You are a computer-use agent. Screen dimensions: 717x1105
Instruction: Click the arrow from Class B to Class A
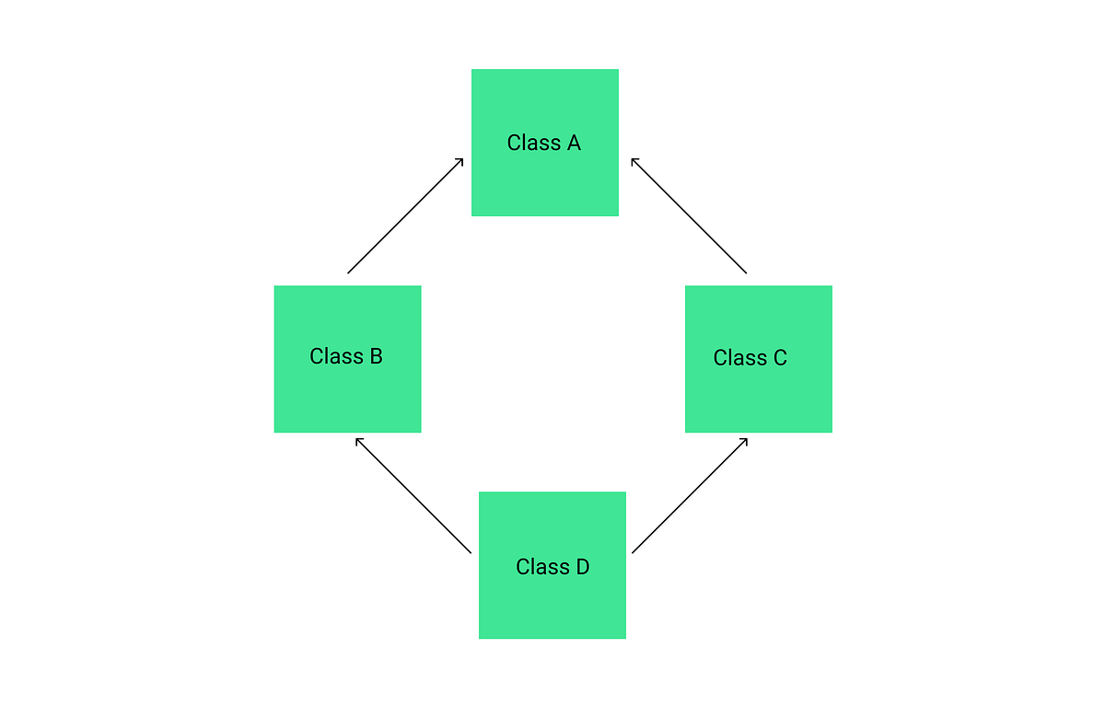click(405, 216)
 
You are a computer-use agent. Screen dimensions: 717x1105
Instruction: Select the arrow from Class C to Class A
click(689, 216)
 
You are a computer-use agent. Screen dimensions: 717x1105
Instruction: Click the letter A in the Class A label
click(574, 144)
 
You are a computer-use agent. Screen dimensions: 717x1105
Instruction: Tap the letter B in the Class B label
click(376, 356)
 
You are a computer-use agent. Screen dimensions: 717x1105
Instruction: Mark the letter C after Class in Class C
click(779, 358)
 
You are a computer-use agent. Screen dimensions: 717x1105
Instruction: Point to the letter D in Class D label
click(582, 567)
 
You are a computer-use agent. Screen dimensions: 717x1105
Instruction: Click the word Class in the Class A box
click(534, 144)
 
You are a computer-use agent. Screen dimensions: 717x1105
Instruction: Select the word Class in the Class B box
click(336, 356)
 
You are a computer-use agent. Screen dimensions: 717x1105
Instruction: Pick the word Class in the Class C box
click(739, 358)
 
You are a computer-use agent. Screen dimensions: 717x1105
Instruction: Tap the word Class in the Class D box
click(542, 567)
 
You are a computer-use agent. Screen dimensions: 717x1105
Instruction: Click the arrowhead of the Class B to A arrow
click(460, 161)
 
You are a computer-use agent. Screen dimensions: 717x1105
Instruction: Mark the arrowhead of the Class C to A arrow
click(634, 161)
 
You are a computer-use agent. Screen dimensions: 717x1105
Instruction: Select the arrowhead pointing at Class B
click(358, 440)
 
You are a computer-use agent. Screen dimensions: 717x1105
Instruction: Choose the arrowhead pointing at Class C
click(744, 440)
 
